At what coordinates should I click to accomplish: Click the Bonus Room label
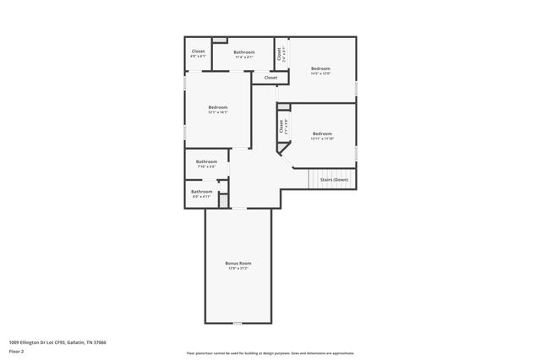[x=238, y=264]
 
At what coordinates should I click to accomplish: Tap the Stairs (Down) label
[x=334, y=179]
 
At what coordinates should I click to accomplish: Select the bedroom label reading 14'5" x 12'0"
[x=320, y=68]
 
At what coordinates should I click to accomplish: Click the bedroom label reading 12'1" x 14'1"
[x=218, y=106]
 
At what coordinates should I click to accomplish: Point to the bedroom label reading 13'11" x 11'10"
[x=322, y=134]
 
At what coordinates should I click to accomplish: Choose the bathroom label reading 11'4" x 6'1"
[x=244, y=52]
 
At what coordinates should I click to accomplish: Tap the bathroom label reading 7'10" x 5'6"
[x=206, y=161]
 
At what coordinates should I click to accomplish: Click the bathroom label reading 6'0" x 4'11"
[x=201, y=192]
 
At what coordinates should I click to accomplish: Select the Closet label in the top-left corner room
[x=198, y=52]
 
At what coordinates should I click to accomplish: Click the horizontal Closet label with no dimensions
[x=270, y=78]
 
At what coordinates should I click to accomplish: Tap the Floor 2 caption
[x=18, y=351]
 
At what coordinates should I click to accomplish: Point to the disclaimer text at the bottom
[x=270, y=353]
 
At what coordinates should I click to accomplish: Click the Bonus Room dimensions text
[x=238, y=269]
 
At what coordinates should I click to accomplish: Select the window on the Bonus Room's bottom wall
[x=238, y=323]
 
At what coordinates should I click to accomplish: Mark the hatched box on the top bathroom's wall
[x=219, y=39]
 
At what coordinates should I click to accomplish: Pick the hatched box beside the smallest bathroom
[x=223, y=199]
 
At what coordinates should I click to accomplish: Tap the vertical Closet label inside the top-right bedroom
[x=280, y=53]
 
